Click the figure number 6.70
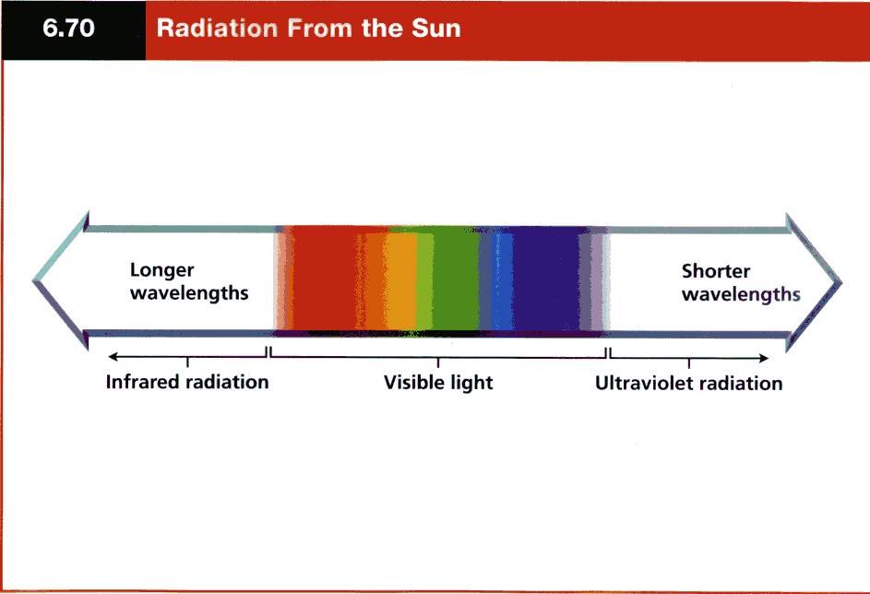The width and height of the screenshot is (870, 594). coord(68,29)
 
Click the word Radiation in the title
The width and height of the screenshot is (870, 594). coord(217,29)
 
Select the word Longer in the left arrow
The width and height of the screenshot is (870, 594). coord(161,270)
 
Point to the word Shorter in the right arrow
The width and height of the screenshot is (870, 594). coord(716,271)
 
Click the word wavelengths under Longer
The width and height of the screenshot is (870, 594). coord(189,293)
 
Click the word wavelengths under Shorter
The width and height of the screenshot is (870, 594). coord(741,294)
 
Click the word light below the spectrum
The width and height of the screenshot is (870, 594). coord(471,383)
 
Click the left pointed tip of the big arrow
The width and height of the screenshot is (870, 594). coord(33,281)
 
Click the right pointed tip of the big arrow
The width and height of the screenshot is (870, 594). coord(841,283)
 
